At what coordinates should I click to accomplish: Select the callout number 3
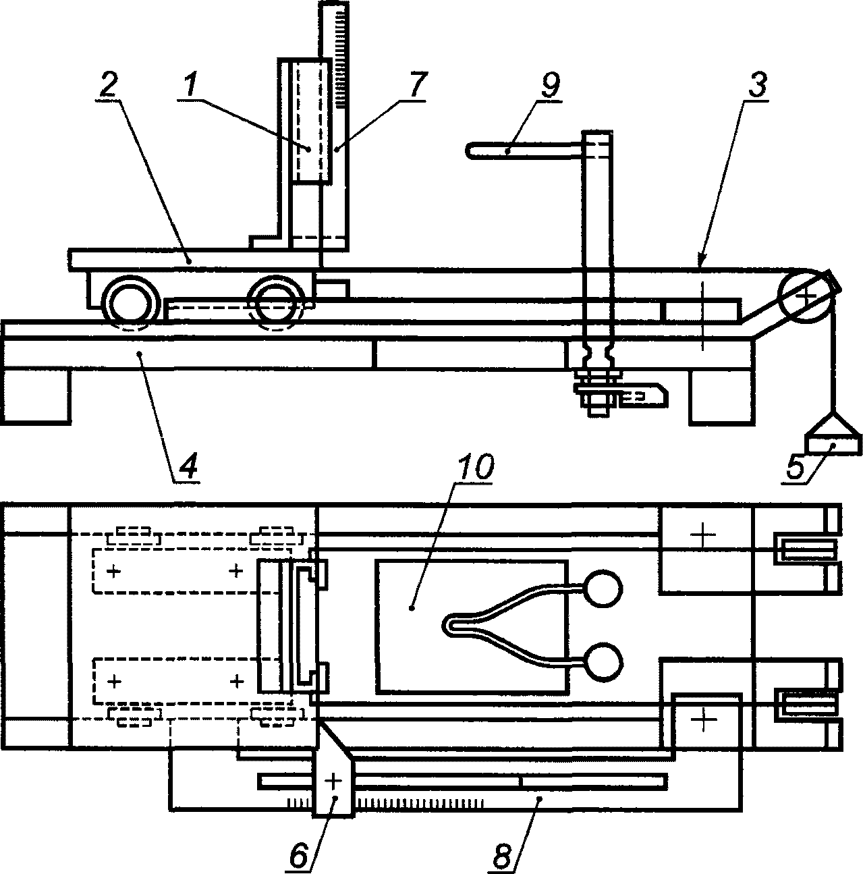756,85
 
